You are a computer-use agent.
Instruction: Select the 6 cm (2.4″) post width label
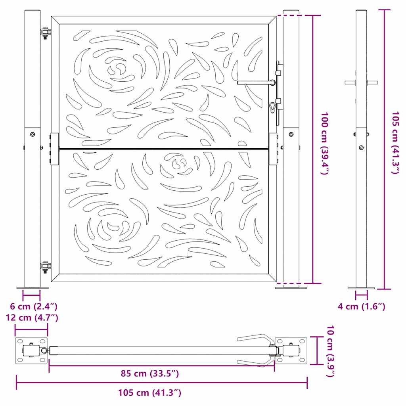(x=34, y=306)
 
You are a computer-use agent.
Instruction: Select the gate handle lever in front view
(x=256, y=82)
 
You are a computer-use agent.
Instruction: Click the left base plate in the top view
(x=31, y=351)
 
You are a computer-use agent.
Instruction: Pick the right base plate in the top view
(x=291, y=351)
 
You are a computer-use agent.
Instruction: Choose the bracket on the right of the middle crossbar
(x=274, y=149)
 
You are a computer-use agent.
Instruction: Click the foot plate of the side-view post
(x=361, y=288)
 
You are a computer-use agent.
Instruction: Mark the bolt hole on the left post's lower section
(x=33, y=134)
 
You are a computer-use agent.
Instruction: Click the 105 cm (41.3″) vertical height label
(x=395, y=143)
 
